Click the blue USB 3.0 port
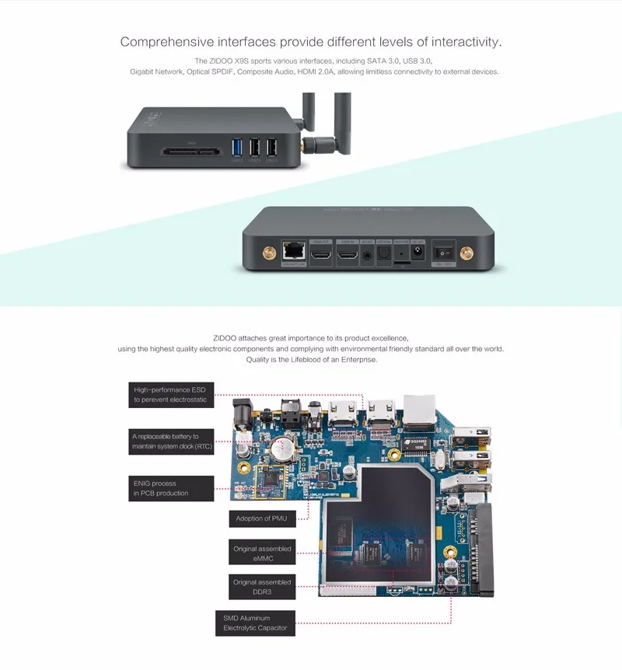[x=236, y=147]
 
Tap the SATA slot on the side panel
[x=192, y=152]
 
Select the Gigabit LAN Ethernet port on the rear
[x=295, y=251]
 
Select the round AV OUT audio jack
[x=366, y=253]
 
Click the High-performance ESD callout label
[x=171, y=395]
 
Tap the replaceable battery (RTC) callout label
[x=171, y=441]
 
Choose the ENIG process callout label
[x=159, y=488]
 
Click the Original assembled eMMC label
[x=262, y=553]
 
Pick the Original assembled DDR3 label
[x=262, y=587]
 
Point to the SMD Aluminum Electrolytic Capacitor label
[x=255, y=623]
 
